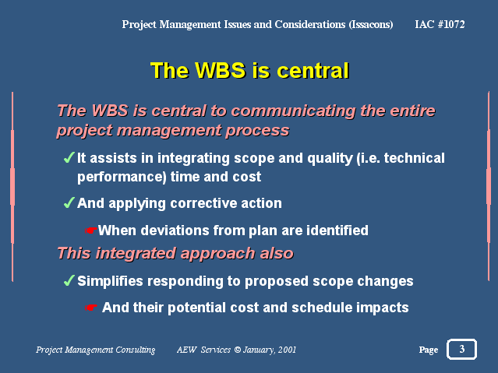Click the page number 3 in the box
[462, 349]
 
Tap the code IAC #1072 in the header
[440, 24]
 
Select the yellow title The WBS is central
[249, 70]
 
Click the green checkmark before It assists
[69, 157]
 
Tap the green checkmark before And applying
[69, 202]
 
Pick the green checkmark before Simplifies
[69, 280]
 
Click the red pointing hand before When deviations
[90, 230]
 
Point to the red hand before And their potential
[90, 308]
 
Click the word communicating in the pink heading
[293, 111]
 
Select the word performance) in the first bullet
[122, 177]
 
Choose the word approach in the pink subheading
[217, 254]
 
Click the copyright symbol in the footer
[237, 350]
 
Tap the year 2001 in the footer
[287, 350]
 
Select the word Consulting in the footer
[136, 350]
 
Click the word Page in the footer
[429, 350]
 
